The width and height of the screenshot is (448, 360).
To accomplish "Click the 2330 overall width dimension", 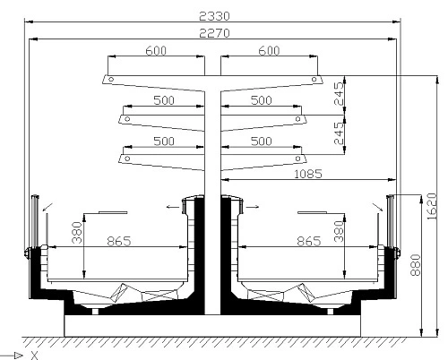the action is click(x=214, y=16).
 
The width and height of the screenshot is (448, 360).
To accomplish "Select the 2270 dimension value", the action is click(x=214, y=33).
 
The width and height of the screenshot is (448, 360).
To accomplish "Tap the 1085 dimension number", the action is click(x=308, y=174).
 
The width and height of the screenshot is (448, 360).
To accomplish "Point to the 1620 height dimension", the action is click(x=432, y=207).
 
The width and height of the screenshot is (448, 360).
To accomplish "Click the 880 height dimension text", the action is click(x=416, y=265).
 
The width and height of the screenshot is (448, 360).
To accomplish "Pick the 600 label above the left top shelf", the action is click(x=156, y=51).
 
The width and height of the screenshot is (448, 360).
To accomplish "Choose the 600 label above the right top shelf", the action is click(x=269, y=51).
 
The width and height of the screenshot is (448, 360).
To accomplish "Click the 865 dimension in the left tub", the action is click(x=119, y=241).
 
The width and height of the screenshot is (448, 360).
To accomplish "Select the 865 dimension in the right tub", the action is click(x=309, y=241).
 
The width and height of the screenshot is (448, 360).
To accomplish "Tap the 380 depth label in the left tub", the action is click(x=77, y=232).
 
